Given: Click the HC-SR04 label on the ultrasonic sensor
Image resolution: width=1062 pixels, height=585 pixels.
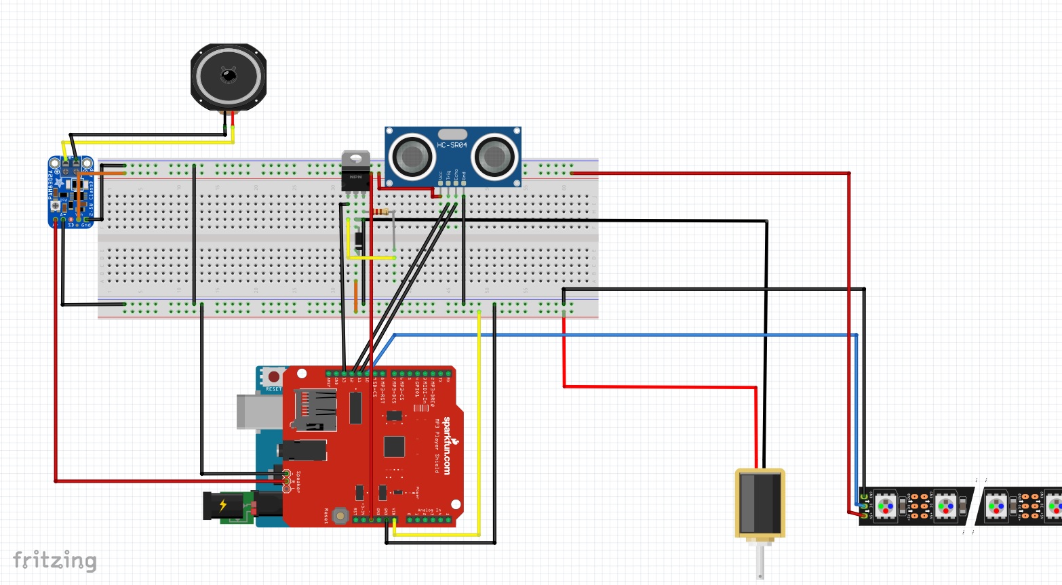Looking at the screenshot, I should [x=452, y=145].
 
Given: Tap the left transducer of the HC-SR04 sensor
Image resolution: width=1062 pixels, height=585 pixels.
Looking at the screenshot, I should [x=412, y=157].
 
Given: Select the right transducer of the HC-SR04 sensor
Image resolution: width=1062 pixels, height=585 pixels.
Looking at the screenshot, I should [x=494, y=157].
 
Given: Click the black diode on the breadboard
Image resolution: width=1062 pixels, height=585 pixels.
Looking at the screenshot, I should [x=359, y=240].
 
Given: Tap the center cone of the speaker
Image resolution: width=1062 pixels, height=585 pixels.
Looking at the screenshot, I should [x=229, y=75].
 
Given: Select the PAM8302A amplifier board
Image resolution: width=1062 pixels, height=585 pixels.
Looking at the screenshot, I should [x=70, y=192].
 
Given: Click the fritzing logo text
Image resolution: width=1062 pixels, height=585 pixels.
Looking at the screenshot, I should [x=55, y=561].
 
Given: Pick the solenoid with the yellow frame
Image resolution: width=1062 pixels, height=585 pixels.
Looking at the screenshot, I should [x=760, y=503].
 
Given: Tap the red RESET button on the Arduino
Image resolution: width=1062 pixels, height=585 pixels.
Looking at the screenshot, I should [x=273, y=376].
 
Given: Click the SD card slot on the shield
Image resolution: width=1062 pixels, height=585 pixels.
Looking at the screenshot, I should [x=313, y=409].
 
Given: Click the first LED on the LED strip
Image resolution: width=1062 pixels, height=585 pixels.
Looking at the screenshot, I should [x=886, y=506].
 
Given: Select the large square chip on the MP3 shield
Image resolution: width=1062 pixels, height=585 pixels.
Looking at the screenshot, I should [x=394, y=447].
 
